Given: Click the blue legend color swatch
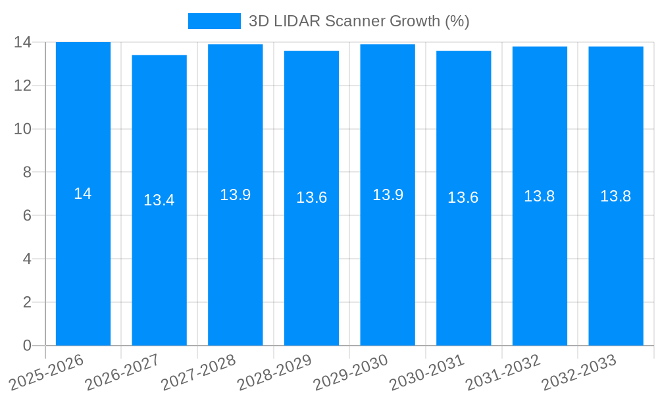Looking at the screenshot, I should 214,21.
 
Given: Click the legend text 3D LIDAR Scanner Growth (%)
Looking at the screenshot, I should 359,21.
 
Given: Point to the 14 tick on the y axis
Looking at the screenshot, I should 22,42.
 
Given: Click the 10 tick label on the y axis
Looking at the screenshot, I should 22,129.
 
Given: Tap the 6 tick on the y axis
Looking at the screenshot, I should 26,215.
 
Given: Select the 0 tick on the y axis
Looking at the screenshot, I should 26,346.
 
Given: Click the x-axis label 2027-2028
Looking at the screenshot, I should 199,372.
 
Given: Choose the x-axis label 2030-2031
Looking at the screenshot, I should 428,372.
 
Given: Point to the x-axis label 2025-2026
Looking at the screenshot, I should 47,372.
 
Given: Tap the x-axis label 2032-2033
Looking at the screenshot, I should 580,372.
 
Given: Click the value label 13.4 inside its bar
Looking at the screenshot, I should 159,200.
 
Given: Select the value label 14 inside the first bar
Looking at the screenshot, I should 83,194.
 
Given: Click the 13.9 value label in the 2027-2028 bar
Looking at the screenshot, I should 235,195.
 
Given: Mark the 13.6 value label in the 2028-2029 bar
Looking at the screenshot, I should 311,197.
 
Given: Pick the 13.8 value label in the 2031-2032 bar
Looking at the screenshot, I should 540,196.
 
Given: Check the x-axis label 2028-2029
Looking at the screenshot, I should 276,372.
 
